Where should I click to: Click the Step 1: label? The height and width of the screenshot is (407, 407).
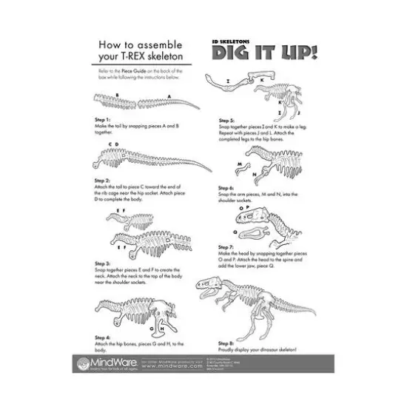point(103,119)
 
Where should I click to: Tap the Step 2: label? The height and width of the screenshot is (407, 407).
point(103,180)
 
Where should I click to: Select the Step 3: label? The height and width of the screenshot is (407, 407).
point(103,263)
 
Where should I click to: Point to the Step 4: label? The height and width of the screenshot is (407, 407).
point(103,337)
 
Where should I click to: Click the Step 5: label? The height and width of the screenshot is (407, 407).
point(226,120)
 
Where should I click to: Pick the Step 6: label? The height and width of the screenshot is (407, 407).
point(226,188)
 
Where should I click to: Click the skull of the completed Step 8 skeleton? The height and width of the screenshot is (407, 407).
point(213,284)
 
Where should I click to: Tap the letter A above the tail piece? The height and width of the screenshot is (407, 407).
point(169,96)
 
